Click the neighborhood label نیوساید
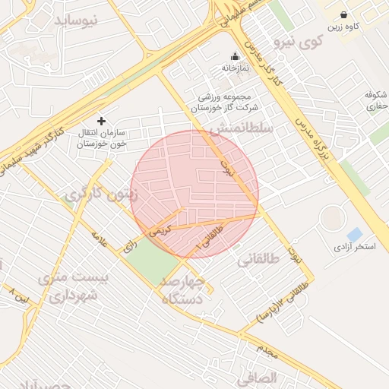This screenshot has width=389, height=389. click(x=76, y=21)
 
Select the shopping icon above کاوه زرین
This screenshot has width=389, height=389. click(x=344, y=14)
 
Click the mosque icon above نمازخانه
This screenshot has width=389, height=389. click(x=235, y=56)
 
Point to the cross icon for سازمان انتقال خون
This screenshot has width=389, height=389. click(x=101, y=122)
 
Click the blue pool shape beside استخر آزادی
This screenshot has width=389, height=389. click(x=354, y=234)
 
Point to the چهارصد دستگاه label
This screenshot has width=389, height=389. click(x=184, y=291)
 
